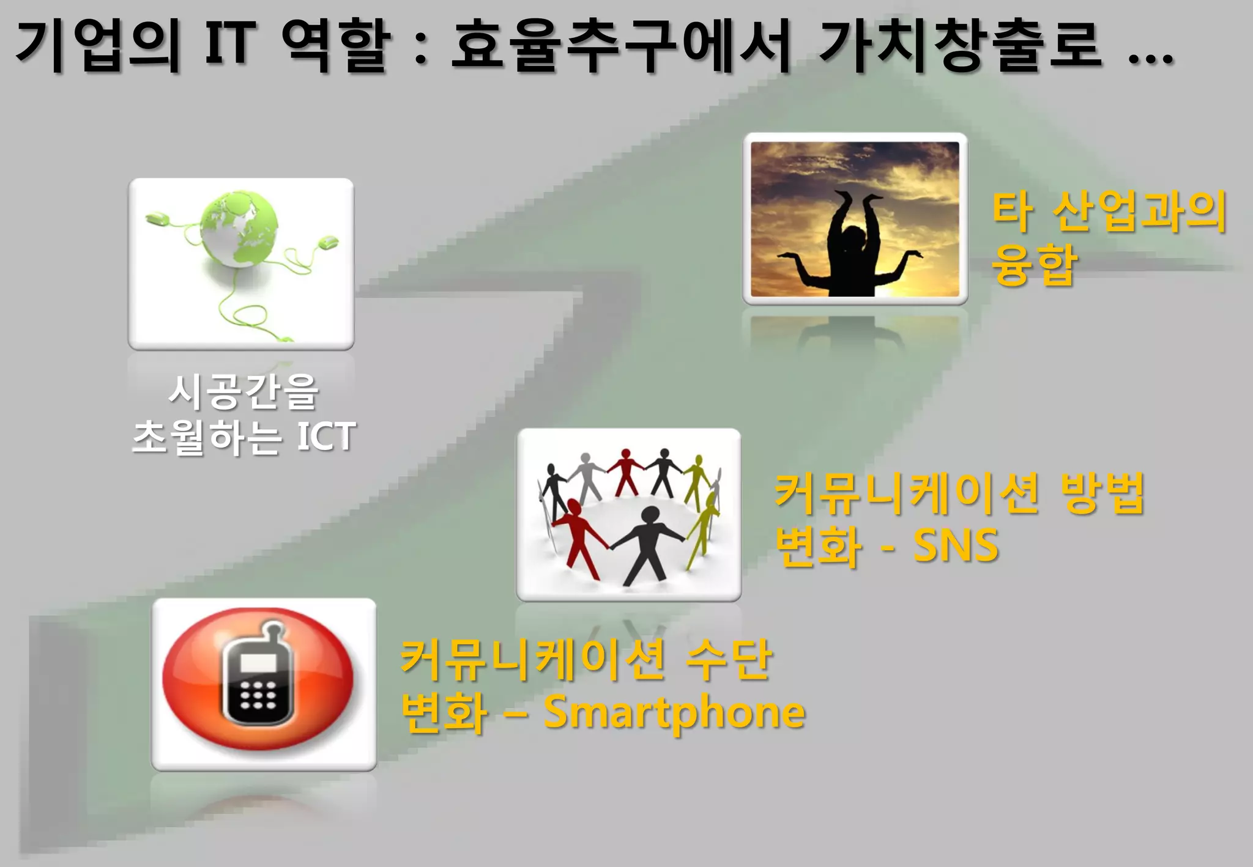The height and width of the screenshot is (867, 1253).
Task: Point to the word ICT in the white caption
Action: tap(325, 437)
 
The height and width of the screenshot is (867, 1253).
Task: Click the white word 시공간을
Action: tap(243, 392)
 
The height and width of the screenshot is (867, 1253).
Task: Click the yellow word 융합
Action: tap(1033, 265)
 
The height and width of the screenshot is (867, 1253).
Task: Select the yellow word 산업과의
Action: tap(1139, 212)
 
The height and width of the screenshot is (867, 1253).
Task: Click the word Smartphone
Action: tap(674, 713)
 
